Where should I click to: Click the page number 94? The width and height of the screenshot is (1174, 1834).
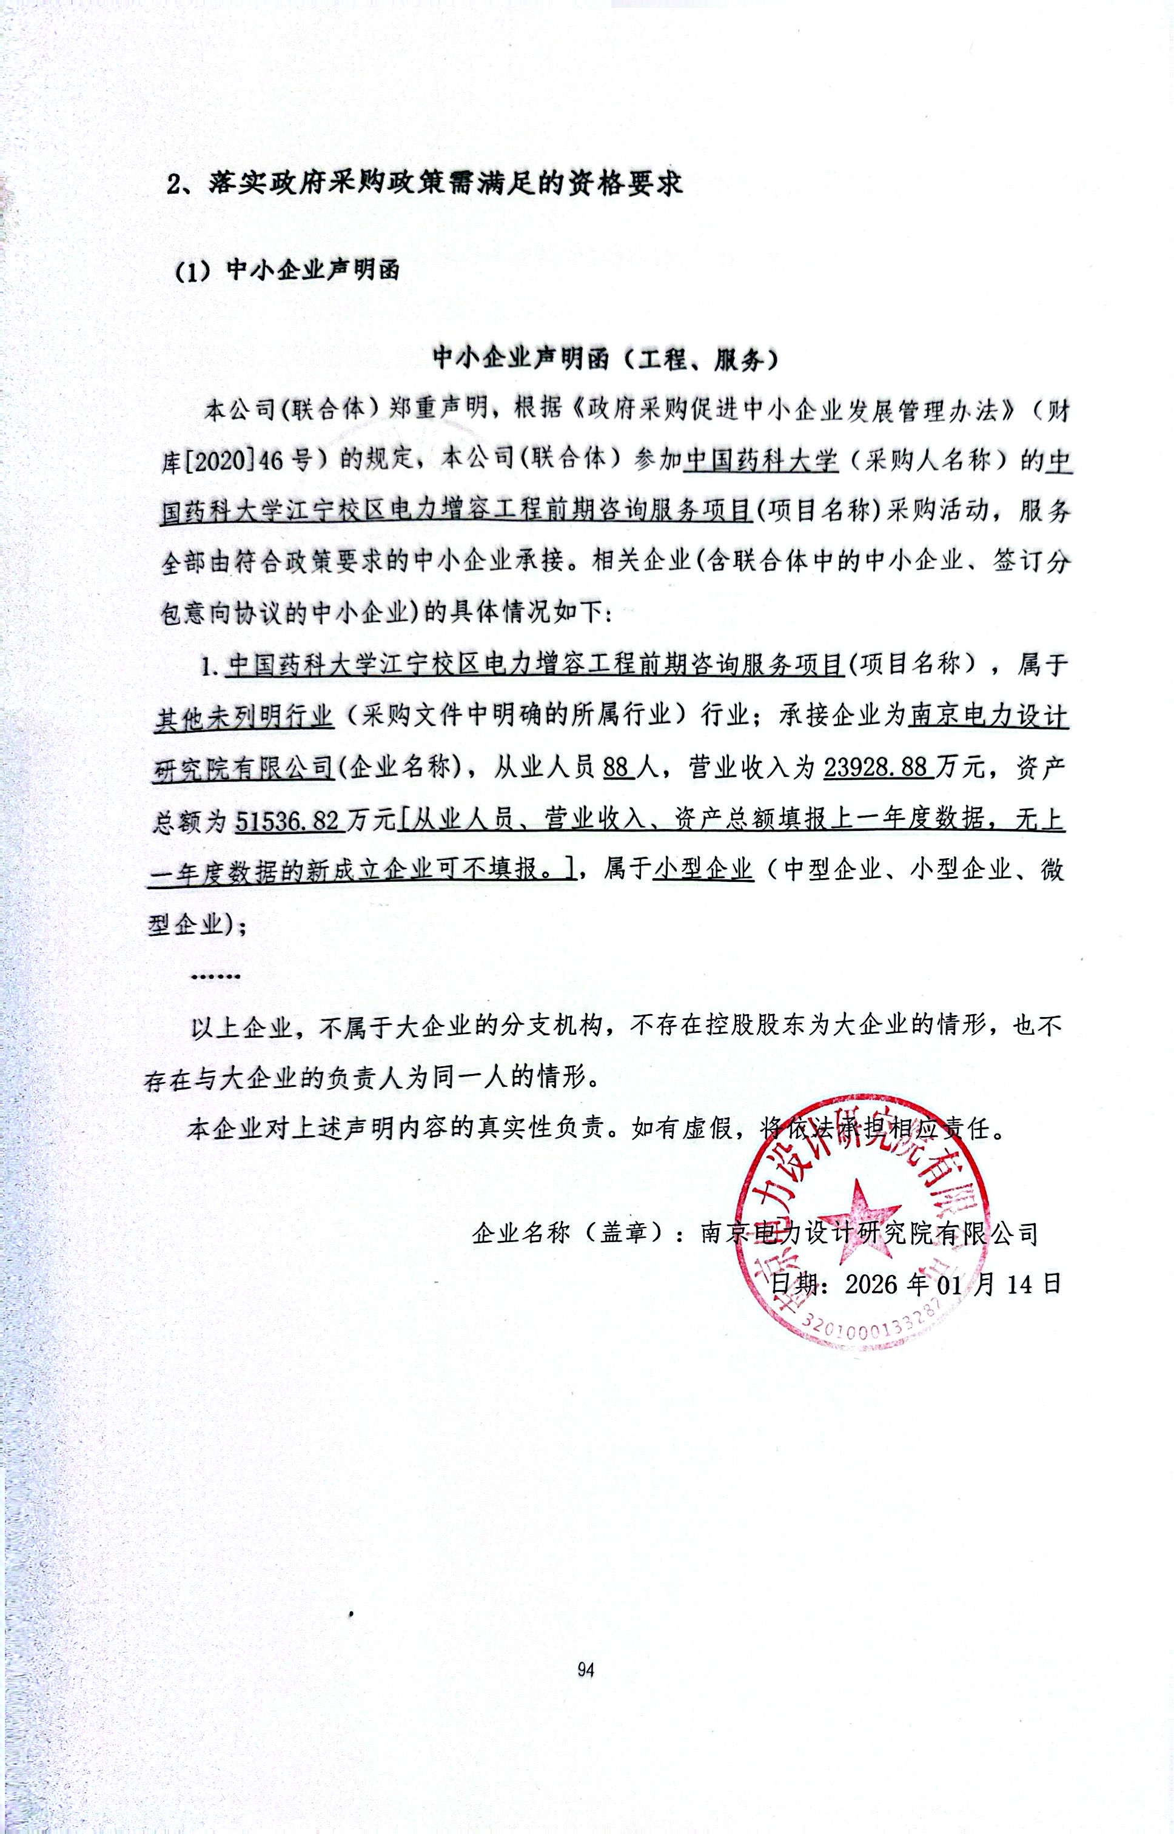(585, 1670)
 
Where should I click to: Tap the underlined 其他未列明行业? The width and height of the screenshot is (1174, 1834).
(244, 716)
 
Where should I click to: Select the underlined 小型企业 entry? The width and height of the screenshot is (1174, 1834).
(703, 870)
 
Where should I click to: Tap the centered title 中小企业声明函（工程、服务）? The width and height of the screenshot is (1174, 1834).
(605, 359)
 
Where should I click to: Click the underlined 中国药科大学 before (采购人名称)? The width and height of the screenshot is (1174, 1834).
(761, 460)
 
